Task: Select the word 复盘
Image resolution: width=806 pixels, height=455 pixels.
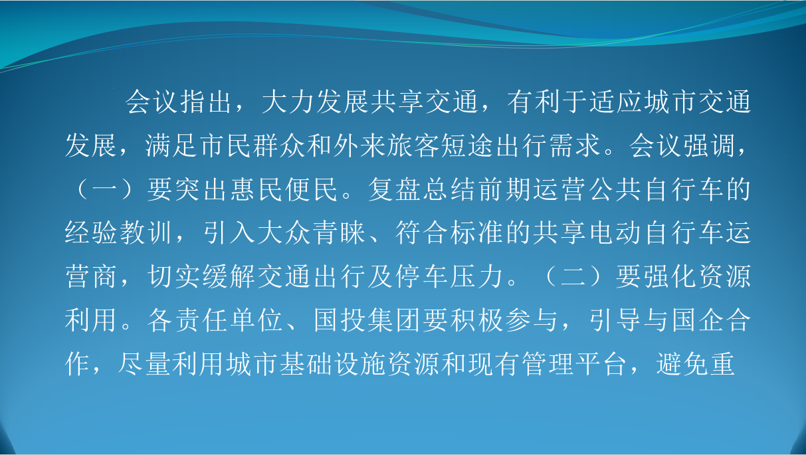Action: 394,189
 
